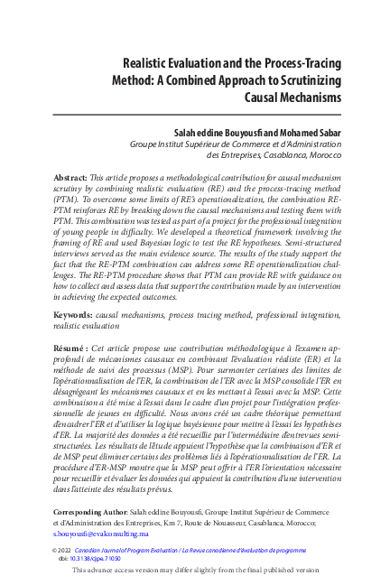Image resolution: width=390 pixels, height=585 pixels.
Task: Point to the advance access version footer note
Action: (195, 571)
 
